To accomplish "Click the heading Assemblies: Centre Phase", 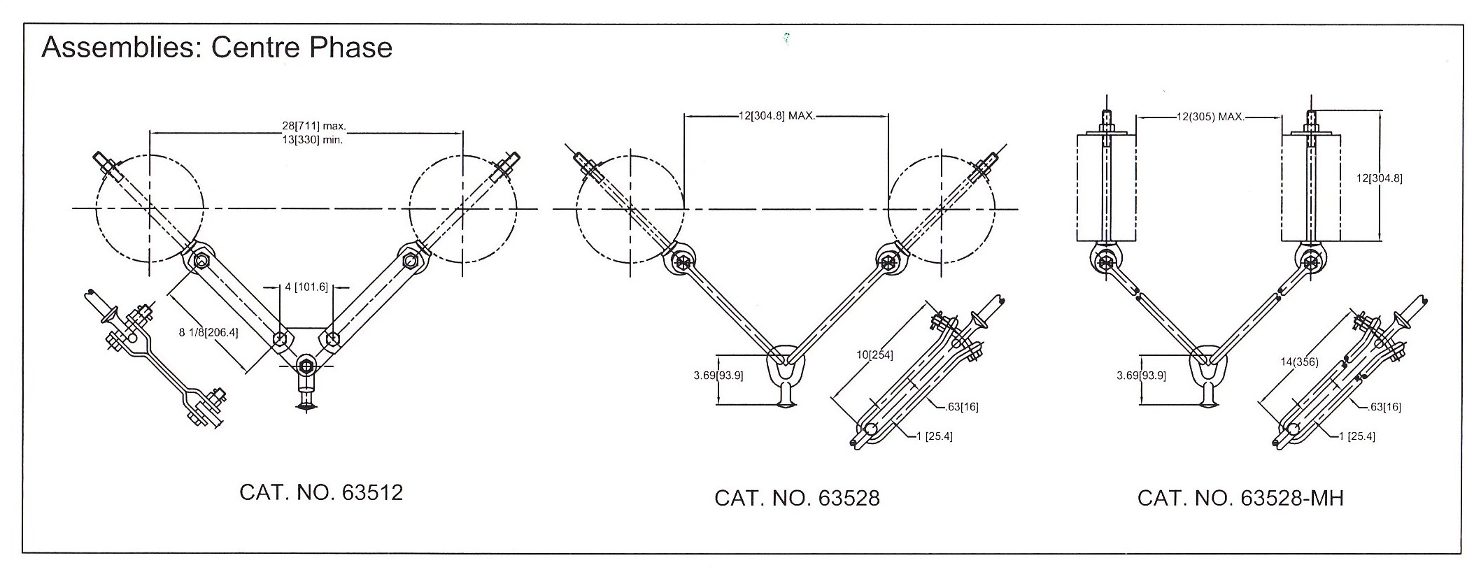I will (x=217, y=48).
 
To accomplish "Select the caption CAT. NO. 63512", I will (x=321, y=493).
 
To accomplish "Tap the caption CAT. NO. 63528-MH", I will (x=1240, y=498).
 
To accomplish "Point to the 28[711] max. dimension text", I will (x=314, y=126).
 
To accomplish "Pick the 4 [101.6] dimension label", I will (x=306, y=287).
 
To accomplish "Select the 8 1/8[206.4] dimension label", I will (x=208, y=333).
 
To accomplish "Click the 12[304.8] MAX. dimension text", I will (x=777, y=115).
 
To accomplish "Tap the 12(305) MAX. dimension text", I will (x=1210, y=117).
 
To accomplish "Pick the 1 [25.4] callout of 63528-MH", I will (x=1356, y=436).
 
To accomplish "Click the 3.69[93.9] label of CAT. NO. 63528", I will (x=718, y=376).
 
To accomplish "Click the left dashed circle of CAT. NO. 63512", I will (x=150, y=208).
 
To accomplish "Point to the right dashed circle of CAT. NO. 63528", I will (x=941, y=208).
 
